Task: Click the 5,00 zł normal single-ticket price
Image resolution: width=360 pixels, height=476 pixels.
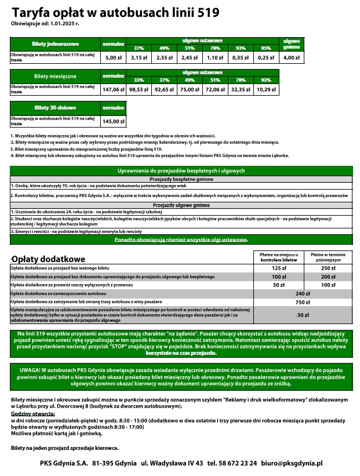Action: point(112,58)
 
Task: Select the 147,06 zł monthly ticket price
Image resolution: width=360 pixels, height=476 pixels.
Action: point(113,90)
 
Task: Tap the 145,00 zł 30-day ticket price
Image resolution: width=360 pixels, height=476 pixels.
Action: point(113,122)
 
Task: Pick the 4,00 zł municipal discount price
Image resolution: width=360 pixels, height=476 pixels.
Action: point(291,58)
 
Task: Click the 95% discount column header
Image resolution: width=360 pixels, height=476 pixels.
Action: point(266,48)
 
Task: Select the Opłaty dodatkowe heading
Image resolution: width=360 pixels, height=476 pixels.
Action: point(48,259)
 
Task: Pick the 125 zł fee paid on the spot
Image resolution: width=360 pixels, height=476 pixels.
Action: point(279,268)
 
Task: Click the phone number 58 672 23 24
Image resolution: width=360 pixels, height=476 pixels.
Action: point(232,464)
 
